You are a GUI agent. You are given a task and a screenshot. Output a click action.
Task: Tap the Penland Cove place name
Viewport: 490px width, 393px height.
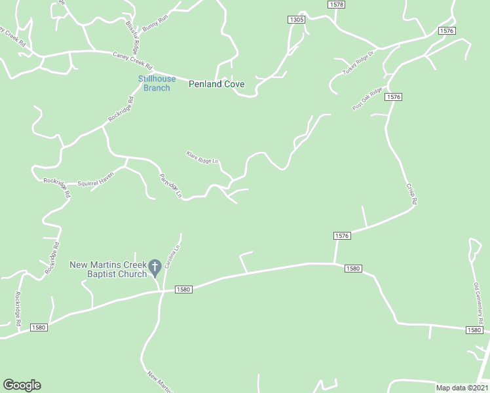(217, 84)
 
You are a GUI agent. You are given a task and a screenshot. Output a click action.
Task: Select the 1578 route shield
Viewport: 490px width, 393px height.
(336, 4)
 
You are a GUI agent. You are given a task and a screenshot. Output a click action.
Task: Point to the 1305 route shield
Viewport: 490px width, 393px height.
(296, 20)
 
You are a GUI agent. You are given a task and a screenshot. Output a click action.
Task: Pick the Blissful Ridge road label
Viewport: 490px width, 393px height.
(133, 37)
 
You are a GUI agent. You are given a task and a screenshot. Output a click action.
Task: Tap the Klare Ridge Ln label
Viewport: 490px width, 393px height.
(202, 158)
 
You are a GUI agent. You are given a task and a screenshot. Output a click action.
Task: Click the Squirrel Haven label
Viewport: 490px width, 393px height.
(96, 179)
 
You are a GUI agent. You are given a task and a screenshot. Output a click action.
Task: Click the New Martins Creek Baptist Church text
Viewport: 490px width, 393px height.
(108, 269)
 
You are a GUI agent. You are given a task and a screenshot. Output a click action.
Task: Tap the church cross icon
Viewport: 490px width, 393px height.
(155, 267)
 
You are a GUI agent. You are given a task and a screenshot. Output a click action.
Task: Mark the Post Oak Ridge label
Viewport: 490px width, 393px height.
(367, 100)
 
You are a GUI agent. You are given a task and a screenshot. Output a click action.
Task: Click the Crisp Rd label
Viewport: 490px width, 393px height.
(411, 195)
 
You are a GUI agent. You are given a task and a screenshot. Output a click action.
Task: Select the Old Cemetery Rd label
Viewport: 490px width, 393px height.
(479, 303)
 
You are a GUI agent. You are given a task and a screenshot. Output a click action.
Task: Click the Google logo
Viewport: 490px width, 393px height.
(22, 385)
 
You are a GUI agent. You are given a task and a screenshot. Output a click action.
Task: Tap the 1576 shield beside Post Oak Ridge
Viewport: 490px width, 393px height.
(393, 97)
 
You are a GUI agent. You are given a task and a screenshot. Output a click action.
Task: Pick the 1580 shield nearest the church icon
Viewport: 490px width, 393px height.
(183, 289)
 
